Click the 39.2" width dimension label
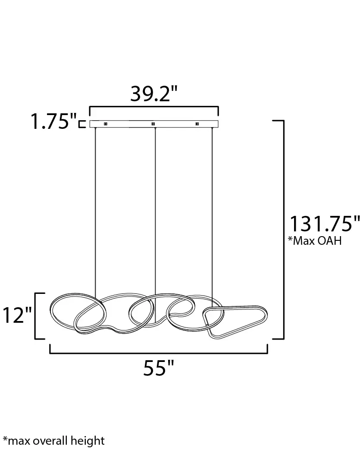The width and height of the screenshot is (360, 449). coord(154,94)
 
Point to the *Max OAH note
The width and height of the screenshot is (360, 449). coord(315,241)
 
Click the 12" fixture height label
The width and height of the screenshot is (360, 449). coord(17,315)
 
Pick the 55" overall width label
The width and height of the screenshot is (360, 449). coord(158,369)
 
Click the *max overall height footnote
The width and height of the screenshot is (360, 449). coord(53,441)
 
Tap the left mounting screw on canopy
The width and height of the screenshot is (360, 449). coord(105,124)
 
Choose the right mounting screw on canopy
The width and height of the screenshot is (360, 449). coord(197,124)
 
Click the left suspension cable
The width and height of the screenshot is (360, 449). coord(95,207)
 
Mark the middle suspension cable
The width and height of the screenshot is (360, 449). coord(154,207)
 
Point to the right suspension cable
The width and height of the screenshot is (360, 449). coord(213,207)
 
